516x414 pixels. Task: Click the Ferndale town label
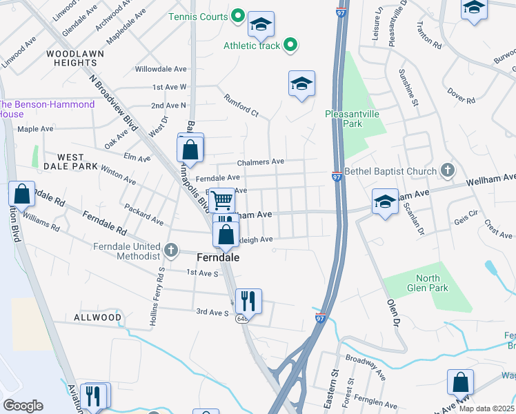tap(218, 257)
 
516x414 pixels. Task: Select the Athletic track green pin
tap(290, 46)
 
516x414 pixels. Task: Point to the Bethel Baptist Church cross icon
tap(448, 170)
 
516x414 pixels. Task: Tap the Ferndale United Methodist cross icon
tap(172, 248)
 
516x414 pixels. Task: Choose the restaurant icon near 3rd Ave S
tap(248, 301)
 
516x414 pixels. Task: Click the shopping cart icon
tap(222, 200)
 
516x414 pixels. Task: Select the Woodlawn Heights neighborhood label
tap(72, 58)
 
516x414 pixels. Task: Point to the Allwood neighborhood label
tap(97, 317)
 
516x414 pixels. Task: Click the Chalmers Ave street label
tap(261, 161)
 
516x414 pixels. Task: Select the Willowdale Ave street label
tap(161, 70)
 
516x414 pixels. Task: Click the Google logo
tap(23, 406)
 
